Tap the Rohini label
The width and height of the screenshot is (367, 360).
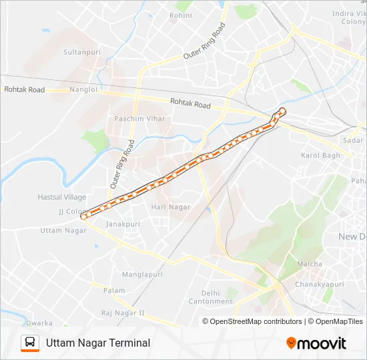click(181, 15)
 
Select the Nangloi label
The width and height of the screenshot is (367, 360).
click(83, 89)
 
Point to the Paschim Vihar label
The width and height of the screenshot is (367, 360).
click(139, 119)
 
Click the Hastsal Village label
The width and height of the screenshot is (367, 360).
click(62, 197)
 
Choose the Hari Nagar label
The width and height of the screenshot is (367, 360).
click(171, 207)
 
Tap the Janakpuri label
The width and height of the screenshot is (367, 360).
click(123, 225)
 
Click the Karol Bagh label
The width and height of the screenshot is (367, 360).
click(320, 155)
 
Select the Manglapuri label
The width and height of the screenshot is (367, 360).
click(142, 274)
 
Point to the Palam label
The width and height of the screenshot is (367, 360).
click(114, 291)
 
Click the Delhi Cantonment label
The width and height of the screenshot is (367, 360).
click(210, 297)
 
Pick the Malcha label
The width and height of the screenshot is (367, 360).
click(309, 264)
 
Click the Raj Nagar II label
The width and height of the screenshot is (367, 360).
click(123, 313)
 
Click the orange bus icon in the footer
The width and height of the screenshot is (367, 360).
click(30, 343)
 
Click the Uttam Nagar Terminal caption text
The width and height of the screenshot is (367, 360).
click(98, 343)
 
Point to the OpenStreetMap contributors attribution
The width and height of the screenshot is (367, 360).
click(256, 321)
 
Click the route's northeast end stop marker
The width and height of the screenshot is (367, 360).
click(282, 111)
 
